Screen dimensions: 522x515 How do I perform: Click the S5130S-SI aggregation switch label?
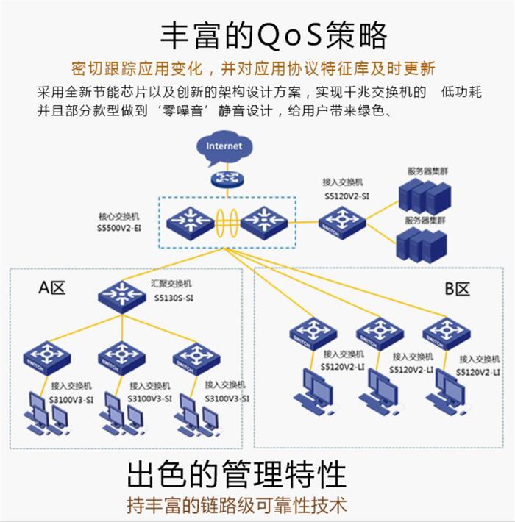[x=174, y=298]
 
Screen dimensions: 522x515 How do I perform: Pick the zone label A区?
[x=52, y=287]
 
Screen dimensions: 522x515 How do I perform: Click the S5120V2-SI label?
[x=347, y=197]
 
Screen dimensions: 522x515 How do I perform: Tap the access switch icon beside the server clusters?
[x=341, y=219]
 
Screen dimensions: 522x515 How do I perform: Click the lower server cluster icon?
[x=422, y=243]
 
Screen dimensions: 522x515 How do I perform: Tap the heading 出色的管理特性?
[x=236, y=474]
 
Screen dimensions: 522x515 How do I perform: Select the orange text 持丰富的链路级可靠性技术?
[x=237, y=505]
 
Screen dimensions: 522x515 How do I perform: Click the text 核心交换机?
[x=118, y=217]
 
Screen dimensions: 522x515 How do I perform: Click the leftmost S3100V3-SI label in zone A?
[x=71, y=398]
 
